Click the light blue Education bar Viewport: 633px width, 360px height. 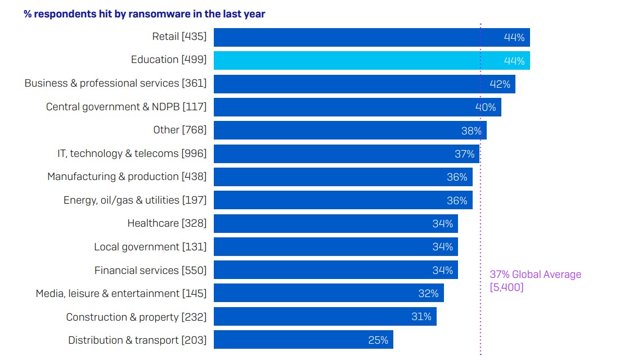tap(371, 60)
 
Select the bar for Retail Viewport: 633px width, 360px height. tap(371, 37)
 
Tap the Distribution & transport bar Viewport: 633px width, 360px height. tap(303, 340)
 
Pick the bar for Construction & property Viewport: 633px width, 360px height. tap(325, 317)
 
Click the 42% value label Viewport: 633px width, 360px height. tap(500, 84)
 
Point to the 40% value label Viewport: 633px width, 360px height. tap(486, 107)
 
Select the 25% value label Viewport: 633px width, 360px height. tap(378, 340)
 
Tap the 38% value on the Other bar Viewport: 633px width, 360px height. tap(472, 130)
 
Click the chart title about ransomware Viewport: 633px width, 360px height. tap(144, 14)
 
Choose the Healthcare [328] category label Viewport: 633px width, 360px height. tap(167, 223)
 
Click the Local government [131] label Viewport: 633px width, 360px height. tap(150, 247)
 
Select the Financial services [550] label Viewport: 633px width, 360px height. tap(150, 270)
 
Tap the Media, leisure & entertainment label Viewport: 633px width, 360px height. tap(121, 294)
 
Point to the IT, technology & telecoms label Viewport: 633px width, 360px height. tap(132, 154)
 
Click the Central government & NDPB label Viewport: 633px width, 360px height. tap(126, 107)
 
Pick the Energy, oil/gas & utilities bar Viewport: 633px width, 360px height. tap(343, 200)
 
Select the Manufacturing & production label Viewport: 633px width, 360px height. tap(127, 177)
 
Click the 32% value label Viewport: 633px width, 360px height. tap(428, 294)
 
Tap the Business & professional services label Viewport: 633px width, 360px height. tap(115, 84)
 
